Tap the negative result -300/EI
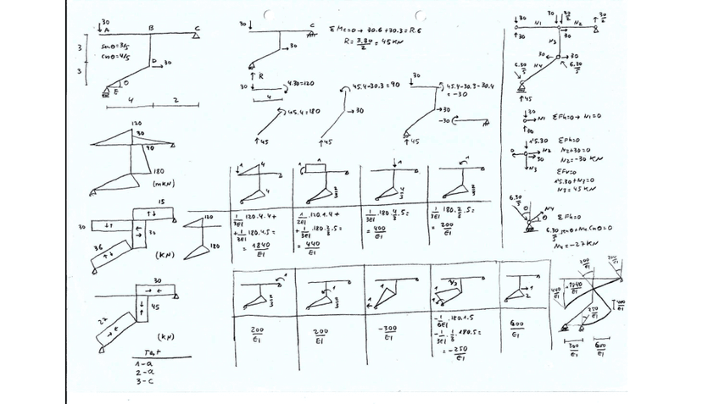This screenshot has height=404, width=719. (388, 332)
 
